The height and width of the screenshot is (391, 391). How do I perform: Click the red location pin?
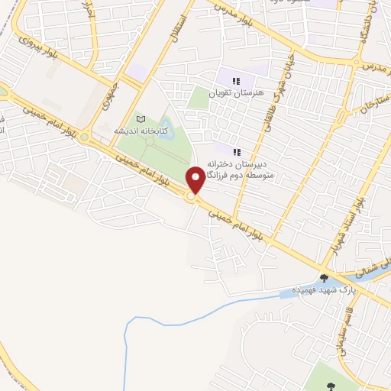coord(195,180)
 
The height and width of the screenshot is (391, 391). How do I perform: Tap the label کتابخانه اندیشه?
coord(141,131)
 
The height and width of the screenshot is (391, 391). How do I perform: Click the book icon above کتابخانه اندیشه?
coord(141,119)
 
